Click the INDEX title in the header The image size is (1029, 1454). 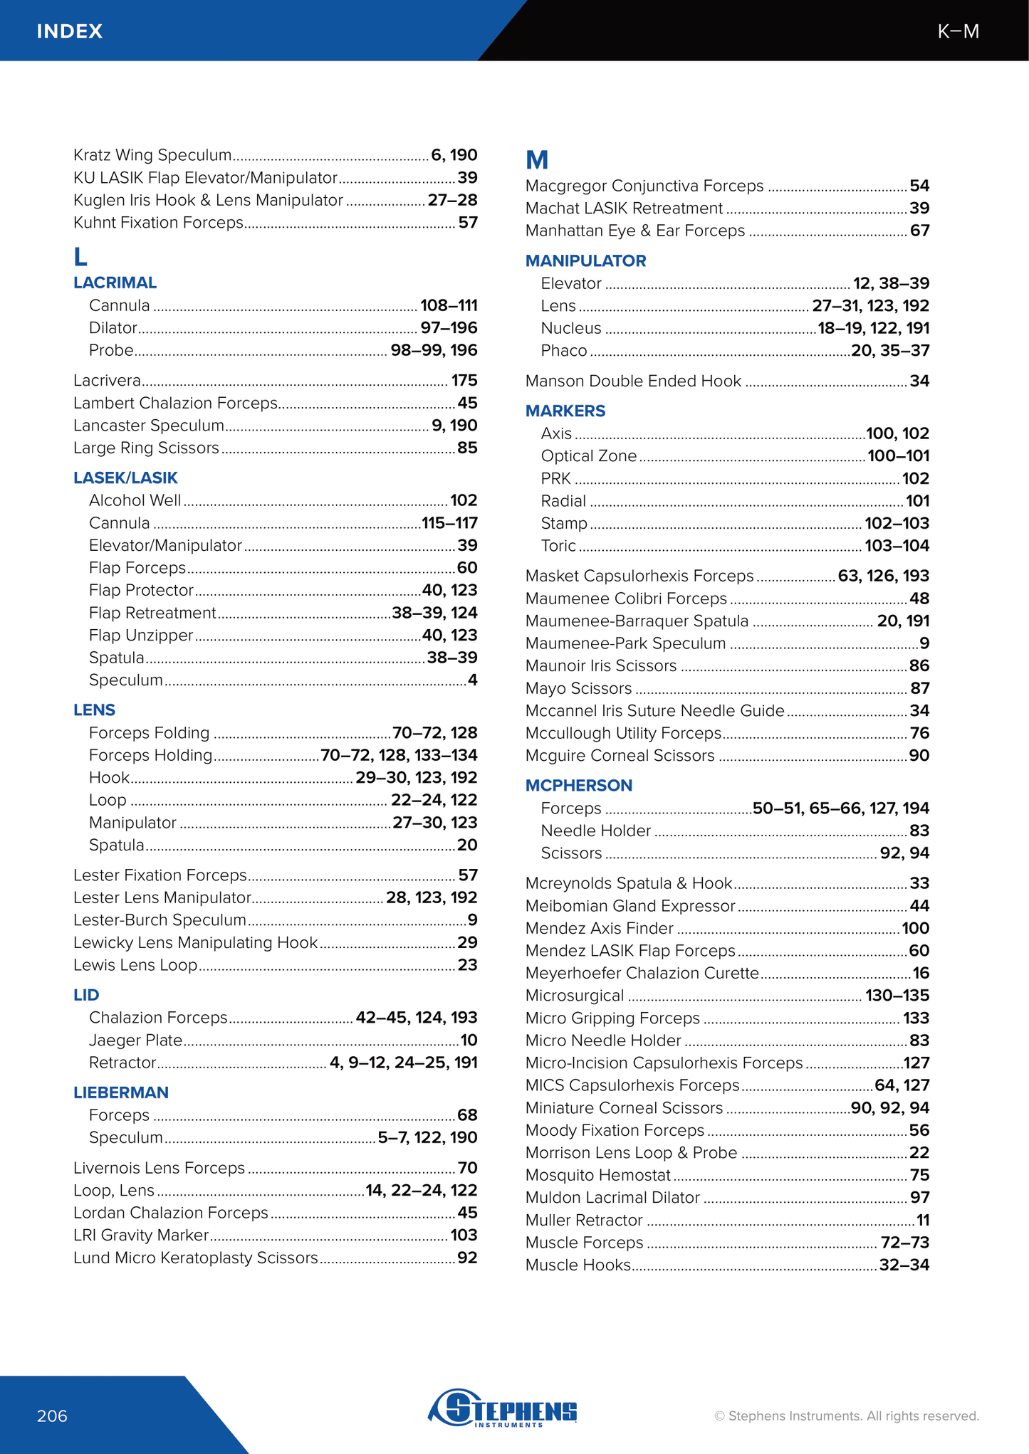70,31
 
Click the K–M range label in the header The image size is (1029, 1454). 958,31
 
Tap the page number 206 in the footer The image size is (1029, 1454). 52,1416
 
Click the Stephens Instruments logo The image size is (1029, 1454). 503,1408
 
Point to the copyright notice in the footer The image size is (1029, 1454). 847,1416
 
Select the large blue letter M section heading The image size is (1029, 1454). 537,160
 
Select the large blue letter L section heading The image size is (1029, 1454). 80,257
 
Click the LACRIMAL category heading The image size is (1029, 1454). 115,283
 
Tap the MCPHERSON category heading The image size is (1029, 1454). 578,785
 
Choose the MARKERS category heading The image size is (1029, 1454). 565,411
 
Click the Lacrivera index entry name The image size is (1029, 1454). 107,381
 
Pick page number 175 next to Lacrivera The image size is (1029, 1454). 464,381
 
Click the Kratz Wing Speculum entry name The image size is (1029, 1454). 152,155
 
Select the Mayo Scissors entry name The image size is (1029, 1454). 578,688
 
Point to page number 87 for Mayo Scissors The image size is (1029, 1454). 919,688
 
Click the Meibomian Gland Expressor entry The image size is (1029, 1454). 630,906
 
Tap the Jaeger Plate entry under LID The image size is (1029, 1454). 135,1040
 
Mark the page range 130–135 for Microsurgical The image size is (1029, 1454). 897,996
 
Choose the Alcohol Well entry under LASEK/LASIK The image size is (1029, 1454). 135,500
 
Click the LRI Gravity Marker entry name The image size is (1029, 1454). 141,1235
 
